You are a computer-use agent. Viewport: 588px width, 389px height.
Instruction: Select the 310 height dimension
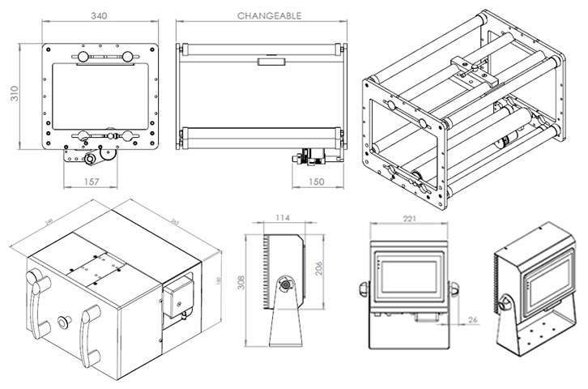(14, 96)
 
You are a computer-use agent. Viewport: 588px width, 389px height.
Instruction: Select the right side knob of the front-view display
(454, 287)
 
